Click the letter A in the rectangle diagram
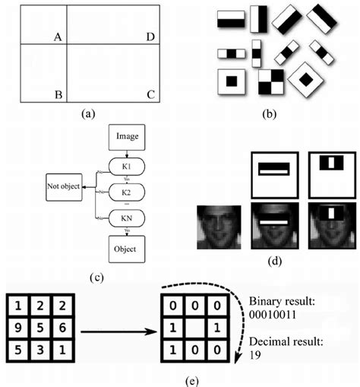(x=58, y=36)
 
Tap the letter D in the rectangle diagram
(x=150, y=36)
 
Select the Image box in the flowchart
(x=126, y=137)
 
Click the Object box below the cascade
(x=126, y=249)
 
